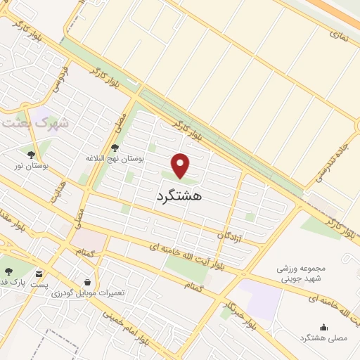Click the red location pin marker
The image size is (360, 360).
coord(181,165)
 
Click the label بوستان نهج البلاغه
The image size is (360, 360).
coord(115,159)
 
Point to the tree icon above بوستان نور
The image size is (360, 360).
coord(30,154)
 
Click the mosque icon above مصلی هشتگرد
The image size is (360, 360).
coord(323,326)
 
